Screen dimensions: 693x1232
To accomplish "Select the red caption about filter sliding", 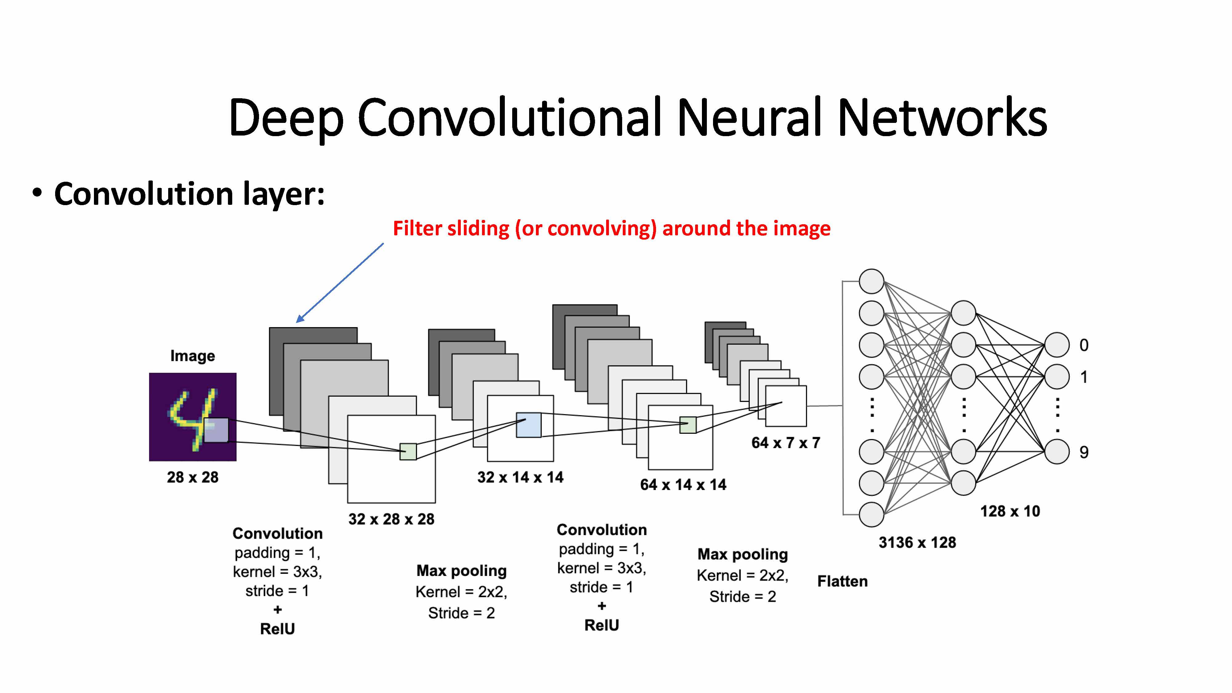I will click(x=611, y=229).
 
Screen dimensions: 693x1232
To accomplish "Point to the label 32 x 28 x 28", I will click(x=391, y=519).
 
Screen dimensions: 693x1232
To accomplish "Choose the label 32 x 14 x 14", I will click(x=520, y=477).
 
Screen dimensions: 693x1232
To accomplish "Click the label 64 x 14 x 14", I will click(x=683, y=484).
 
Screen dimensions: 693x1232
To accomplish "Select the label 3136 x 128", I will click(x=917, y=542).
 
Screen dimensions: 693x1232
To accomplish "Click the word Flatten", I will click(x=842, y=581).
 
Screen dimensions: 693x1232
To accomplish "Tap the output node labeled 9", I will click(x=1056, y=452).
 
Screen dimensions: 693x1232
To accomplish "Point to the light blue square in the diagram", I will click(x=529, y=425).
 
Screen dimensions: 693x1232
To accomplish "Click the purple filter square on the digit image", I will click(x=216, y=430).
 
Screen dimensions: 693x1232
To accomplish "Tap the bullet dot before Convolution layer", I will click(x=37, y=193).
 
